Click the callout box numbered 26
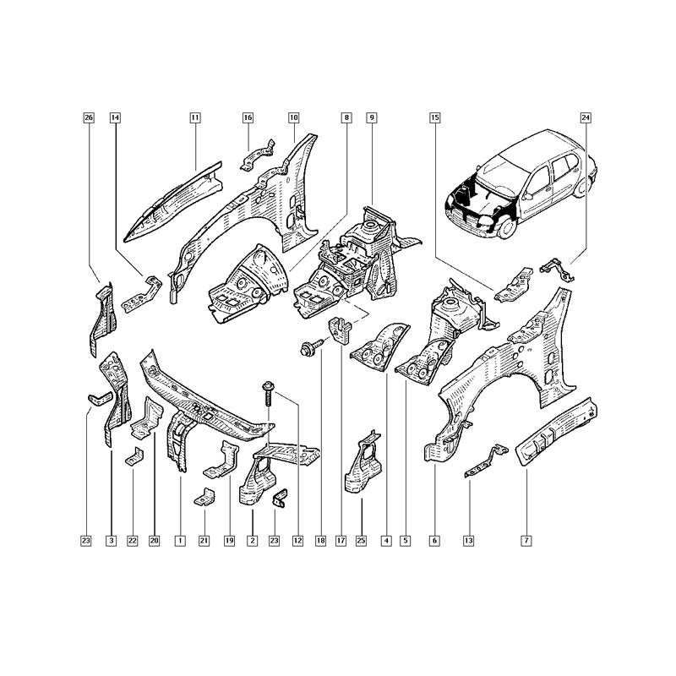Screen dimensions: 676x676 (x=89, y=117)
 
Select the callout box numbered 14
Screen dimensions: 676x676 (x=115, y=117)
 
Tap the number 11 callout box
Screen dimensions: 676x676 (x=195, y=117)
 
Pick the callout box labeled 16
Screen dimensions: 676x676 (x=248, y=117)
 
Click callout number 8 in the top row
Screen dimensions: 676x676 (x=346, y=117)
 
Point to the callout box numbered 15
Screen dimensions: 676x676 (x=434, y=117)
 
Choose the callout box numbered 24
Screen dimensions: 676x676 (x=586, y=117)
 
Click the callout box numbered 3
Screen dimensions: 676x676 (x=112, y=541)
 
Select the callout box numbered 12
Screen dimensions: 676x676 (x=297, y=541)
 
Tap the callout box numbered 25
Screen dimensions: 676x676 (x=362, y=541)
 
